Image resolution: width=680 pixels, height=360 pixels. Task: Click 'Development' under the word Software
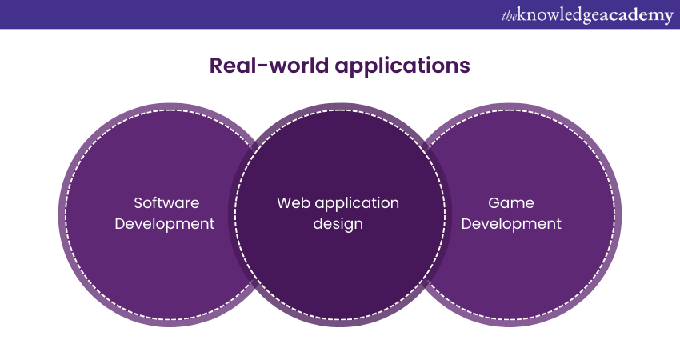165,224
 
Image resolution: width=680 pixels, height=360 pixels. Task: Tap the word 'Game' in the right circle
511,203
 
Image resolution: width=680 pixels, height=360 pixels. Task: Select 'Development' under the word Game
511,224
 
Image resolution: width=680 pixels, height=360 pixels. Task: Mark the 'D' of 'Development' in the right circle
466,224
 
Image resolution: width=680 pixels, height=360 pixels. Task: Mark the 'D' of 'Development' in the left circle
120,224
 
